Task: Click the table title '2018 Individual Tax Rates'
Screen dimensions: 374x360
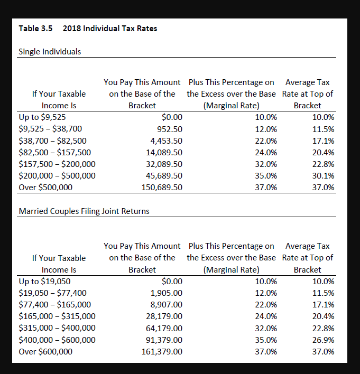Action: [x=109, y=29]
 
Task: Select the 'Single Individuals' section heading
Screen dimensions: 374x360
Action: [x=50, y=52]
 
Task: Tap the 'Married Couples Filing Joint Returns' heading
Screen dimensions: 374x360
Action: [x=84, y=211]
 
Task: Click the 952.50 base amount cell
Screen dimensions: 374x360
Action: [x=170, y=129]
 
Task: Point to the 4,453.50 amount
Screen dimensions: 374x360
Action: [x=167, y=141]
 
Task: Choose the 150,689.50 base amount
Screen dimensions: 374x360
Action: [x=162, y=187]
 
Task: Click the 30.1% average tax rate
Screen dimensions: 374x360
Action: [x=323, y=175]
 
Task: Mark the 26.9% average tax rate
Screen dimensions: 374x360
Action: [x=323, y=340]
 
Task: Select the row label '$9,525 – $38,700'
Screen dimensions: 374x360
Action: [x=50, y=129]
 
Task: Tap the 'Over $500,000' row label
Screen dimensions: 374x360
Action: [x=45, y=187]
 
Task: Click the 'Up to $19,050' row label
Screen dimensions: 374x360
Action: [x=44, y=282]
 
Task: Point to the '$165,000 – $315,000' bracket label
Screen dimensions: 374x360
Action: [x=57, y=316]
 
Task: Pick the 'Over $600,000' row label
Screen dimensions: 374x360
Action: [x=45, y=351]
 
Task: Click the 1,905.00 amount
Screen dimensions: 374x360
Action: [x=167, y=293]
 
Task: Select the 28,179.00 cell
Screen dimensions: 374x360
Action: [x=164, y=316]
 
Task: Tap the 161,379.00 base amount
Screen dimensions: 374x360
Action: [x=162, y=351]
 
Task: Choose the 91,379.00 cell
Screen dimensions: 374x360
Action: [x=164, y=340]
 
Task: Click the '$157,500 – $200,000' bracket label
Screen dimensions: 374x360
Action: [x=57, y=164]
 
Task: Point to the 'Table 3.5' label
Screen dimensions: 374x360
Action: [x=35, y=29]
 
